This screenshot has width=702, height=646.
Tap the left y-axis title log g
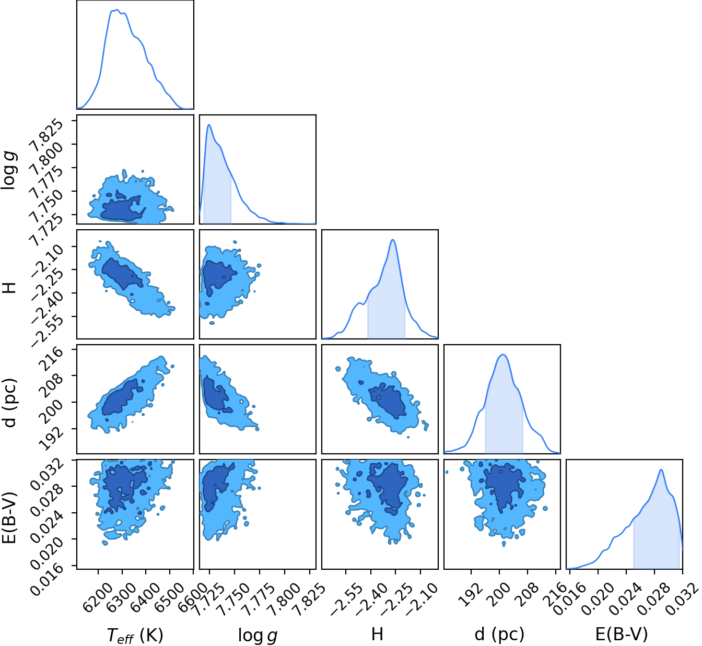click(8, 170)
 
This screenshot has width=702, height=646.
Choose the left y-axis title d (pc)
click(9, 403)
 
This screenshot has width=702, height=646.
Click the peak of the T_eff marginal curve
click(117, 9)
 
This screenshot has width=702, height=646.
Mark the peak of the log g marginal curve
click(209, 125)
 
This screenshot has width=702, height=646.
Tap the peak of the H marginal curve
click(393, 240)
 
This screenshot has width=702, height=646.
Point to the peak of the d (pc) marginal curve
click(503, 355)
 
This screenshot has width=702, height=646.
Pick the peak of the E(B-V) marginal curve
click(661, 469)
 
